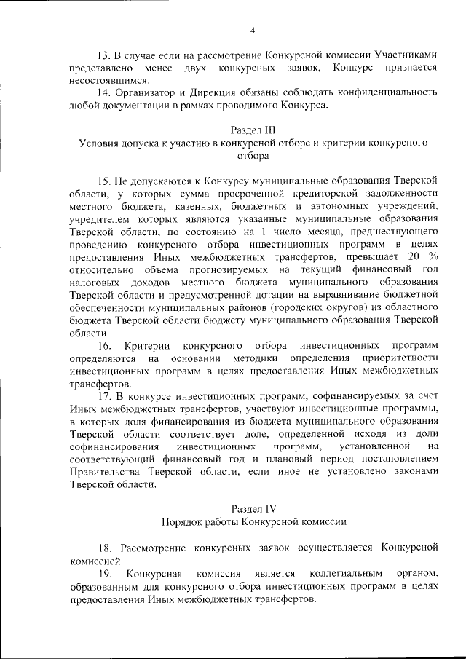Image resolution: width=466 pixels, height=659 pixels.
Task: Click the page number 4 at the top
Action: point(253,30)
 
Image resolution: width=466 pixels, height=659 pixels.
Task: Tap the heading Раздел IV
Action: point(253,508)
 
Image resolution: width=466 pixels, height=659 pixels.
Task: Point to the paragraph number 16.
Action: point(104,344)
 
